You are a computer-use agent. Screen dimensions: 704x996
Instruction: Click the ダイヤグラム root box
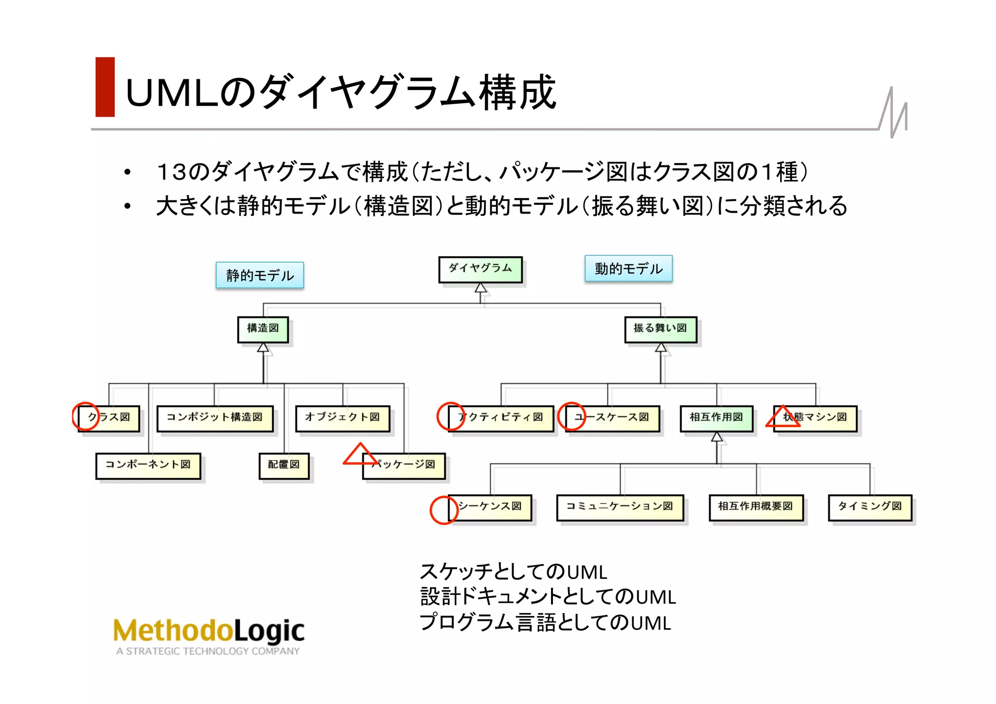tap(480, 269)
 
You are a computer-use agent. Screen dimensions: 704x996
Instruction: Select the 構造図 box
tap(263, 329)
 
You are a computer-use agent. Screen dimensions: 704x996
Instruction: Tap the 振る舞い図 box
tap(660, 329)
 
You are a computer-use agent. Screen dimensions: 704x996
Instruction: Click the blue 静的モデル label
tap(260, 275)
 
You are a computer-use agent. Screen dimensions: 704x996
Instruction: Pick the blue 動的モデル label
tap(628, 269)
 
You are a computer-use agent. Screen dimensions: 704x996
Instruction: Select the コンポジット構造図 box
tap(214, 418)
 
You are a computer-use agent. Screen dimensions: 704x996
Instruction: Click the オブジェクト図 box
tap(342, 418)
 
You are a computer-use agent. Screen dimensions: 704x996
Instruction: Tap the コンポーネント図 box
tap(148, 466)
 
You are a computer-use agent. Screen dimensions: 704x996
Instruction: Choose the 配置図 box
tap(284, 466)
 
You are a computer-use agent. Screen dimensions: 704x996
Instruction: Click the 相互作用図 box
tap(716, 418)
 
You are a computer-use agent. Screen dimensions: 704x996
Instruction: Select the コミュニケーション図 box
tap(620, 507)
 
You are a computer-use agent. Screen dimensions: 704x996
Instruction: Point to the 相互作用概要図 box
tap(756, 507)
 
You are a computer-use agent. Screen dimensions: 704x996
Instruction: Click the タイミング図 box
tap(870, 507)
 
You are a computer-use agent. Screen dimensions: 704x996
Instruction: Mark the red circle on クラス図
tap(86, 416)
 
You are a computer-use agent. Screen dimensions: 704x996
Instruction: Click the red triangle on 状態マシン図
tap(783, 417)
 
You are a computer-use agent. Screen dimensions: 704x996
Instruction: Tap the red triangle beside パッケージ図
tap(360, 455)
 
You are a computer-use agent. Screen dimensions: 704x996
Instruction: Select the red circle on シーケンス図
tap(444, 510)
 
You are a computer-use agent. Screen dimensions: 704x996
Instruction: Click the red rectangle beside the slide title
tap(105, 87)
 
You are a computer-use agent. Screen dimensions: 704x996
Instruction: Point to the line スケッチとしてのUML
tap(513, 572)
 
